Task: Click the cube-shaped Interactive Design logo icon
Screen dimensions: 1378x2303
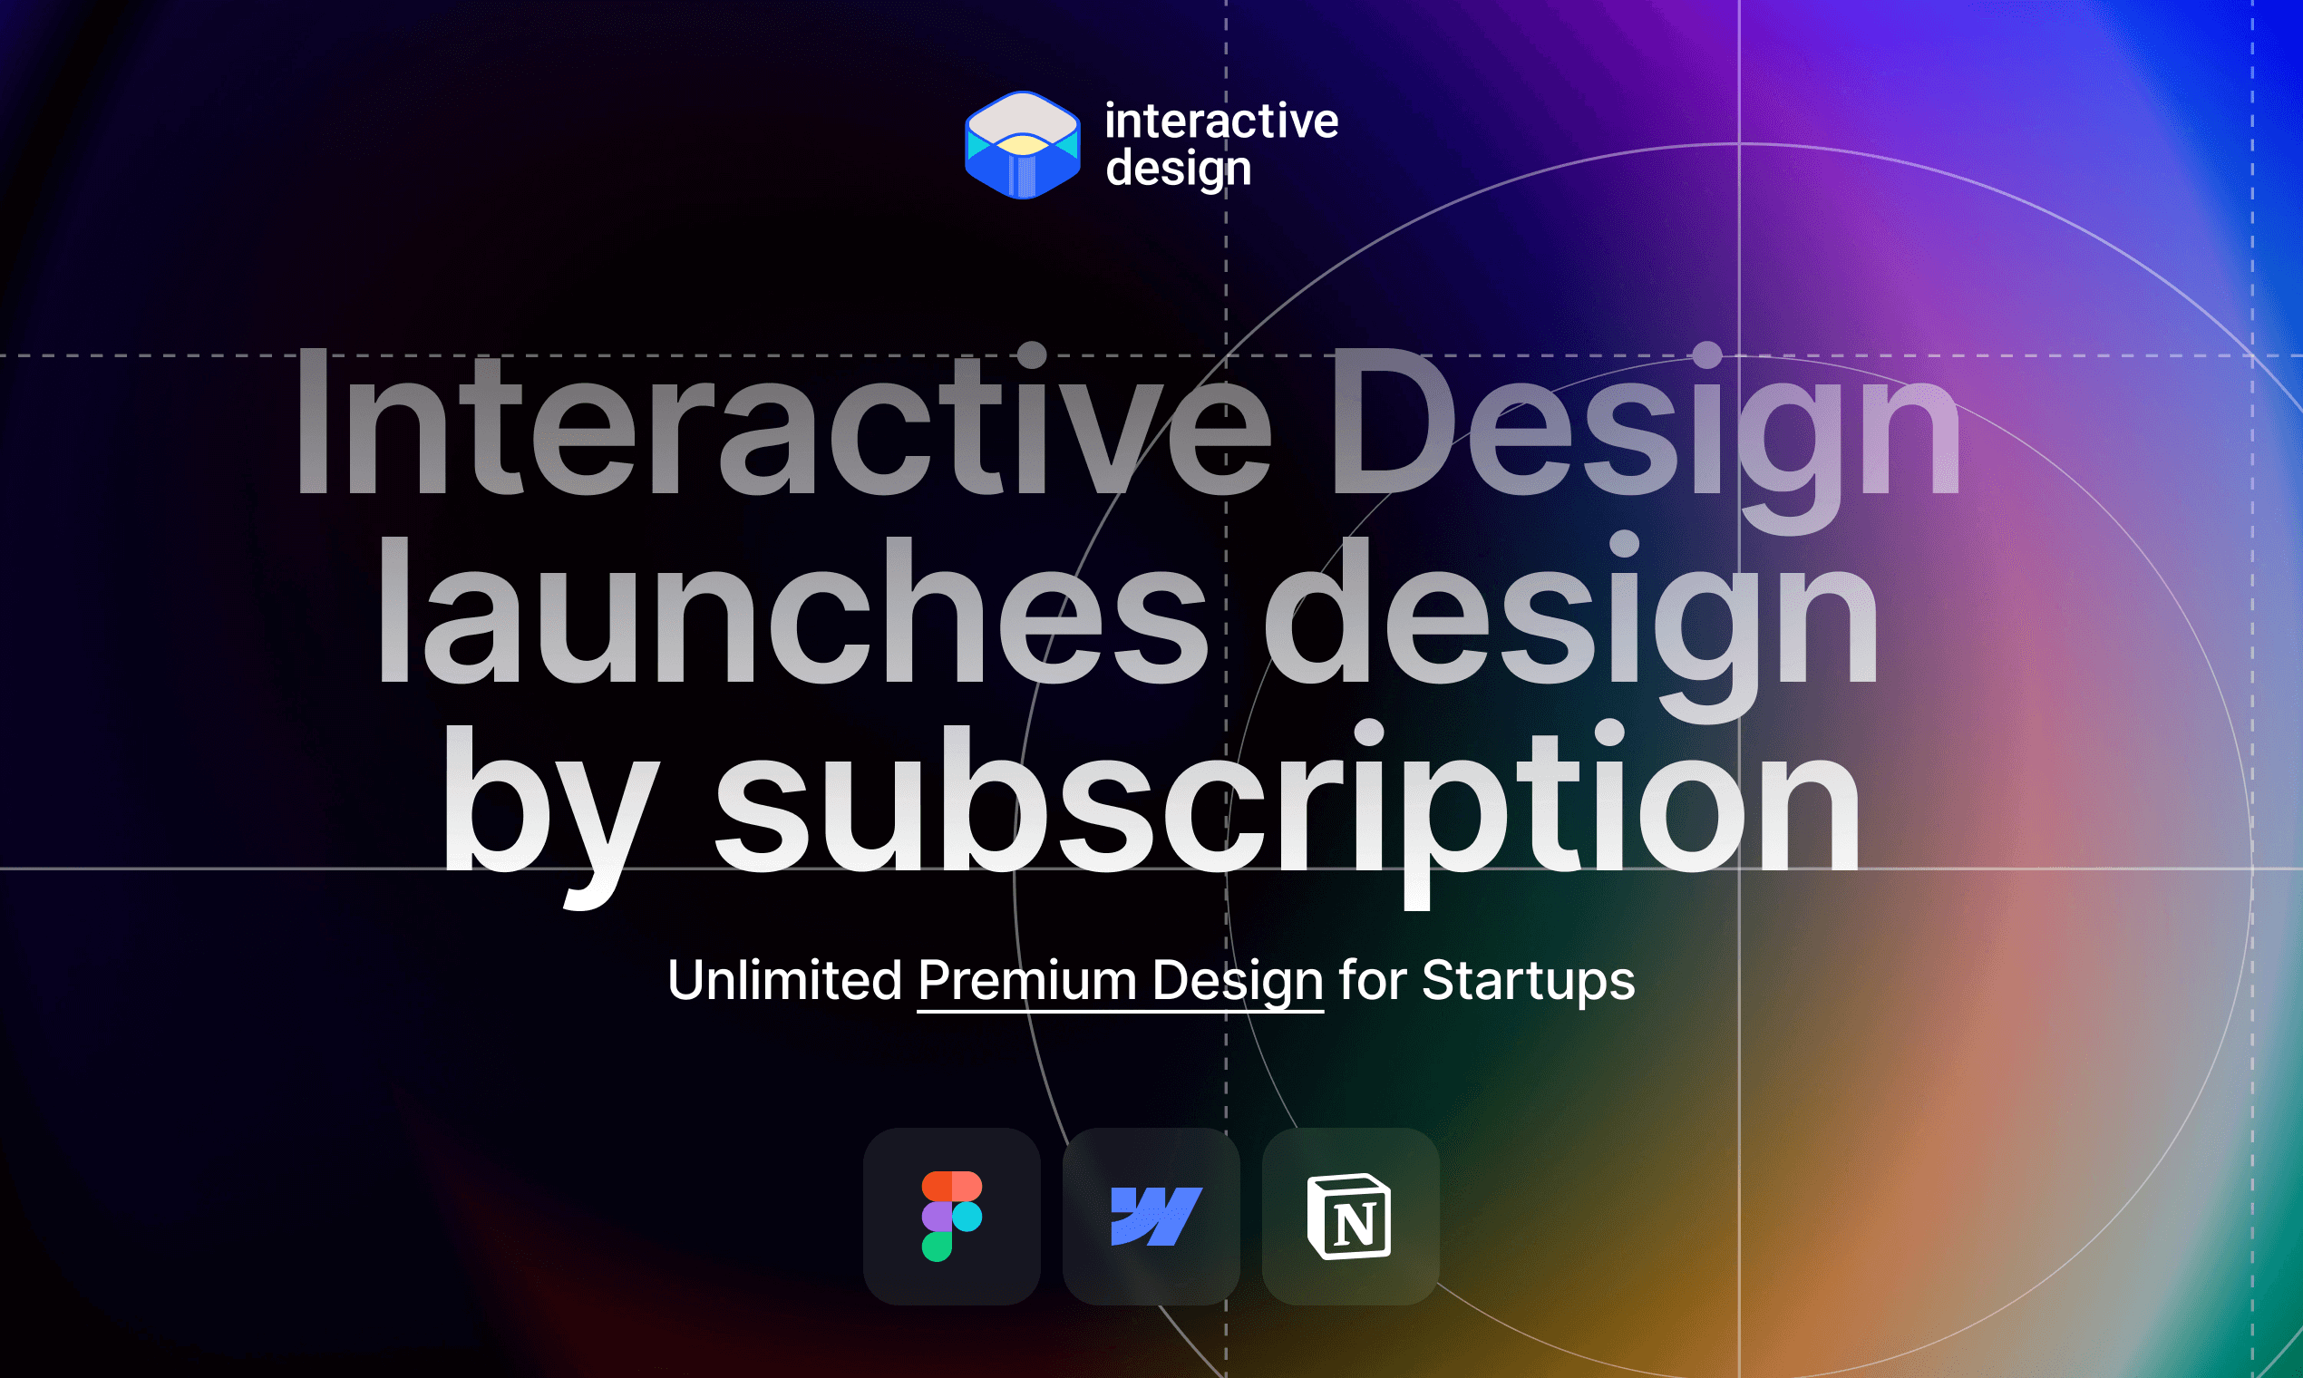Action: click(x=1023, y=145)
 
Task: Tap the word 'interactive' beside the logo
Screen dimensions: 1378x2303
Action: click(x=1221, y=121)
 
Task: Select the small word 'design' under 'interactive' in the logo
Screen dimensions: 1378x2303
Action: click(x=1179, y=170)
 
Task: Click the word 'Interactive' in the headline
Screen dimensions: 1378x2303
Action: click(x=780, y=424)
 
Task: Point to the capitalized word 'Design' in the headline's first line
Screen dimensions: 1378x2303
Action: click(x=1645, y=424)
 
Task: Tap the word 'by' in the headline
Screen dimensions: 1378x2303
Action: click(x=548, y=803)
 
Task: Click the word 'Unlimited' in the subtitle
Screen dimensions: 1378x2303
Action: click(x=784, y=981)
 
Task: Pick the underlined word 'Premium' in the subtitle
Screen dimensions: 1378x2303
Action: click(x=1027, y=981)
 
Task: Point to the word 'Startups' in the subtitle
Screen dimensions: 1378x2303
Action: click(x=1528, y=981)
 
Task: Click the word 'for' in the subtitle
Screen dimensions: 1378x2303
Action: click(x=1372, y=981)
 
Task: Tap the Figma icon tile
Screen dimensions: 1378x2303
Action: click(x=952, y=1217)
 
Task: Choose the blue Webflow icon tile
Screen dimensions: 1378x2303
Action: click(x=1151, y=1217)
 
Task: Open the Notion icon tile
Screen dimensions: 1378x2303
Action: click(x=1350, y=1217)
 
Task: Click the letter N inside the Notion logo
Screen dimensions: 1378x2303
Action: click(x=1354, y=1226)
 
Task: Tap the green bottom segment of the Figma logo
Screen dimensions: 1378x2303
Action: click(x=936, y=1247)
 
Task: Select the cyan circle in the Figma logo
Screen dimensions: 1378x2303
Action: click(x=967, y=1217)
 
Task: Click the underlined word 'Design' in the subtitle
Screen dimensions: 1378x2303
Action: click(x=1237, y=981)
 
